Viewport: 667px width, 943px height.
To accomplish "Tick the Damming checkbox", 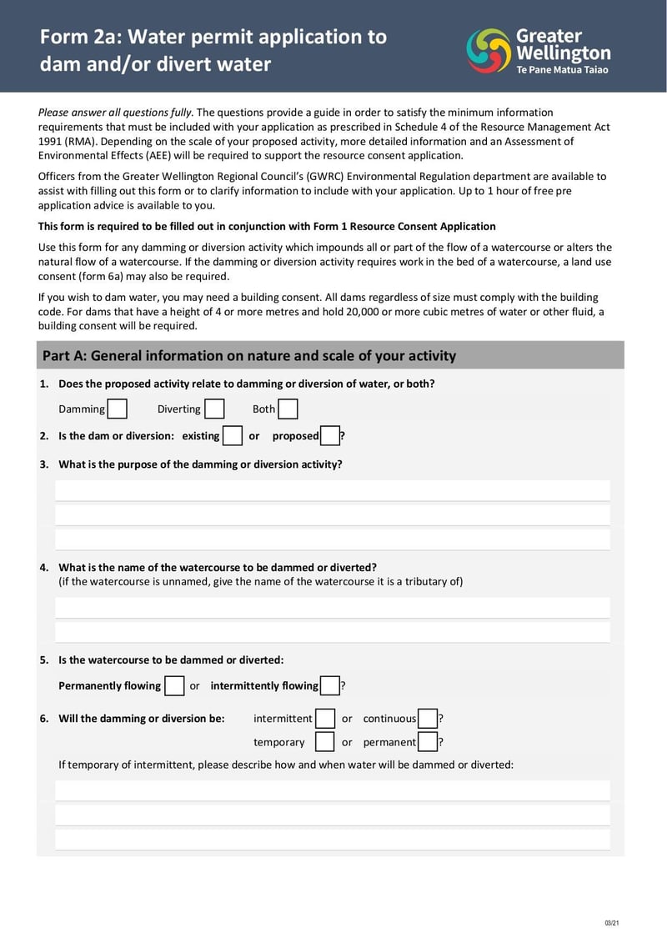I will pos(118,409).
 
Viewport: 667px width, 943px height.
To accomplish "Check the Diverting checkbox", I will pos(214,409).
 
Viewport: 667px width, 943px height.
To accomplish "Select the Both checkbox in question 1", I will pos(288,409).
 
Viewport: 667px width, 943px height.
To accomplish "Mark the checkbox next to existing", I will pos(233,435).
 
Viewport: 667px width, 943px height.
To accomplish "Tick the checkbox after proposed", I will pos(330,435).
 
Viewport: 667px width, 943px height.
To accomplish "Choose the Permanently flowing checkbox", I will pos(174,685).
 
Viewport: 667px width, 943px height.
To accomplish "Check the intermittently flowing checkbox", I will pos(330,685).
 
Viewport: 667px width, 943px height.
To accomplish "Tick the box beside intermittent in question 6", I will pos(325,718).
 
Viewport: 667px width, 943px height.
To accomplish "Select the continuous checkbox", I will pos(428,718).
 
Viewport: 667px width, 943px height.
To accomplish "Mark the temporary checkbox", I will pos(325,741).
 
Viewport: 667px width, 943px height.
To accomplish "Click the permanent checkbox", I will pos(428,741).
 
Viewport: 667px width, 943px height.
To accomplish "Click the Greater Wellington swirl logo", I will pos(489,50).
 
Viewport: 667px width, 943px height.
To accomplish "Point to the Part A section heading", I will pos(249,356).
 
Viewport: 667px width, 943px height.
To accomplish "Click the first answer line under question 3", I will pos(332,490).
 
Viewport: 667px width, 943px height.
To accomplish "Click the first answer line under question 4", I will pos(332,608).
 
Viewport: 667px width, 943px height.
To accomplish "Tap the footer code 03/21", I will pos(611,922).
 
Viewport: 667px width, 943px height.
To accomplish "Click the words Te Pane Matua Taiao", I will pos(563,70).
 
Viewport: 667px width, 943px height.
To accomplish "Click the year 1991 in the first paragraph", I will pos(50,142).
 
